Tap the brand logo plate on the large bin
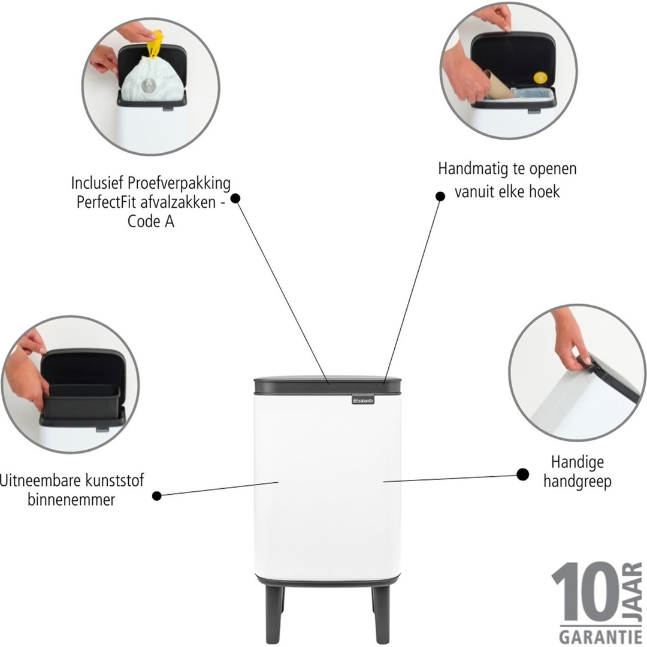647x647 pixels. click(x=362, y=399)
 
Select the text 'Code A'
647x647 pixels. click(x=150, y=221)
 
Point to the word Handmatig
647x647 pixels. click(x=472, y=169)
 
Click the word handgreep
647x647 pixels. click(x=577, y=481)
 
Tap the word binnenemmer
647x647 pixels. click(x=71, y=500)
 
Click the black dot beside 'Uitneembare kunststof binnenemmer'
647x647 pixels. click(x=157, y=495)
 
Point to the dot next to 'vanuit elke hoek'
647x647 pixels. click(x=440, y=196)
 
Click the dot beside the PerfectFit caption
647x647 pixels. click(x=235, y=198)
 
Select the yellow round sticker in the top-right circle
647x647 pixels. click(x=540, y=77)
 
